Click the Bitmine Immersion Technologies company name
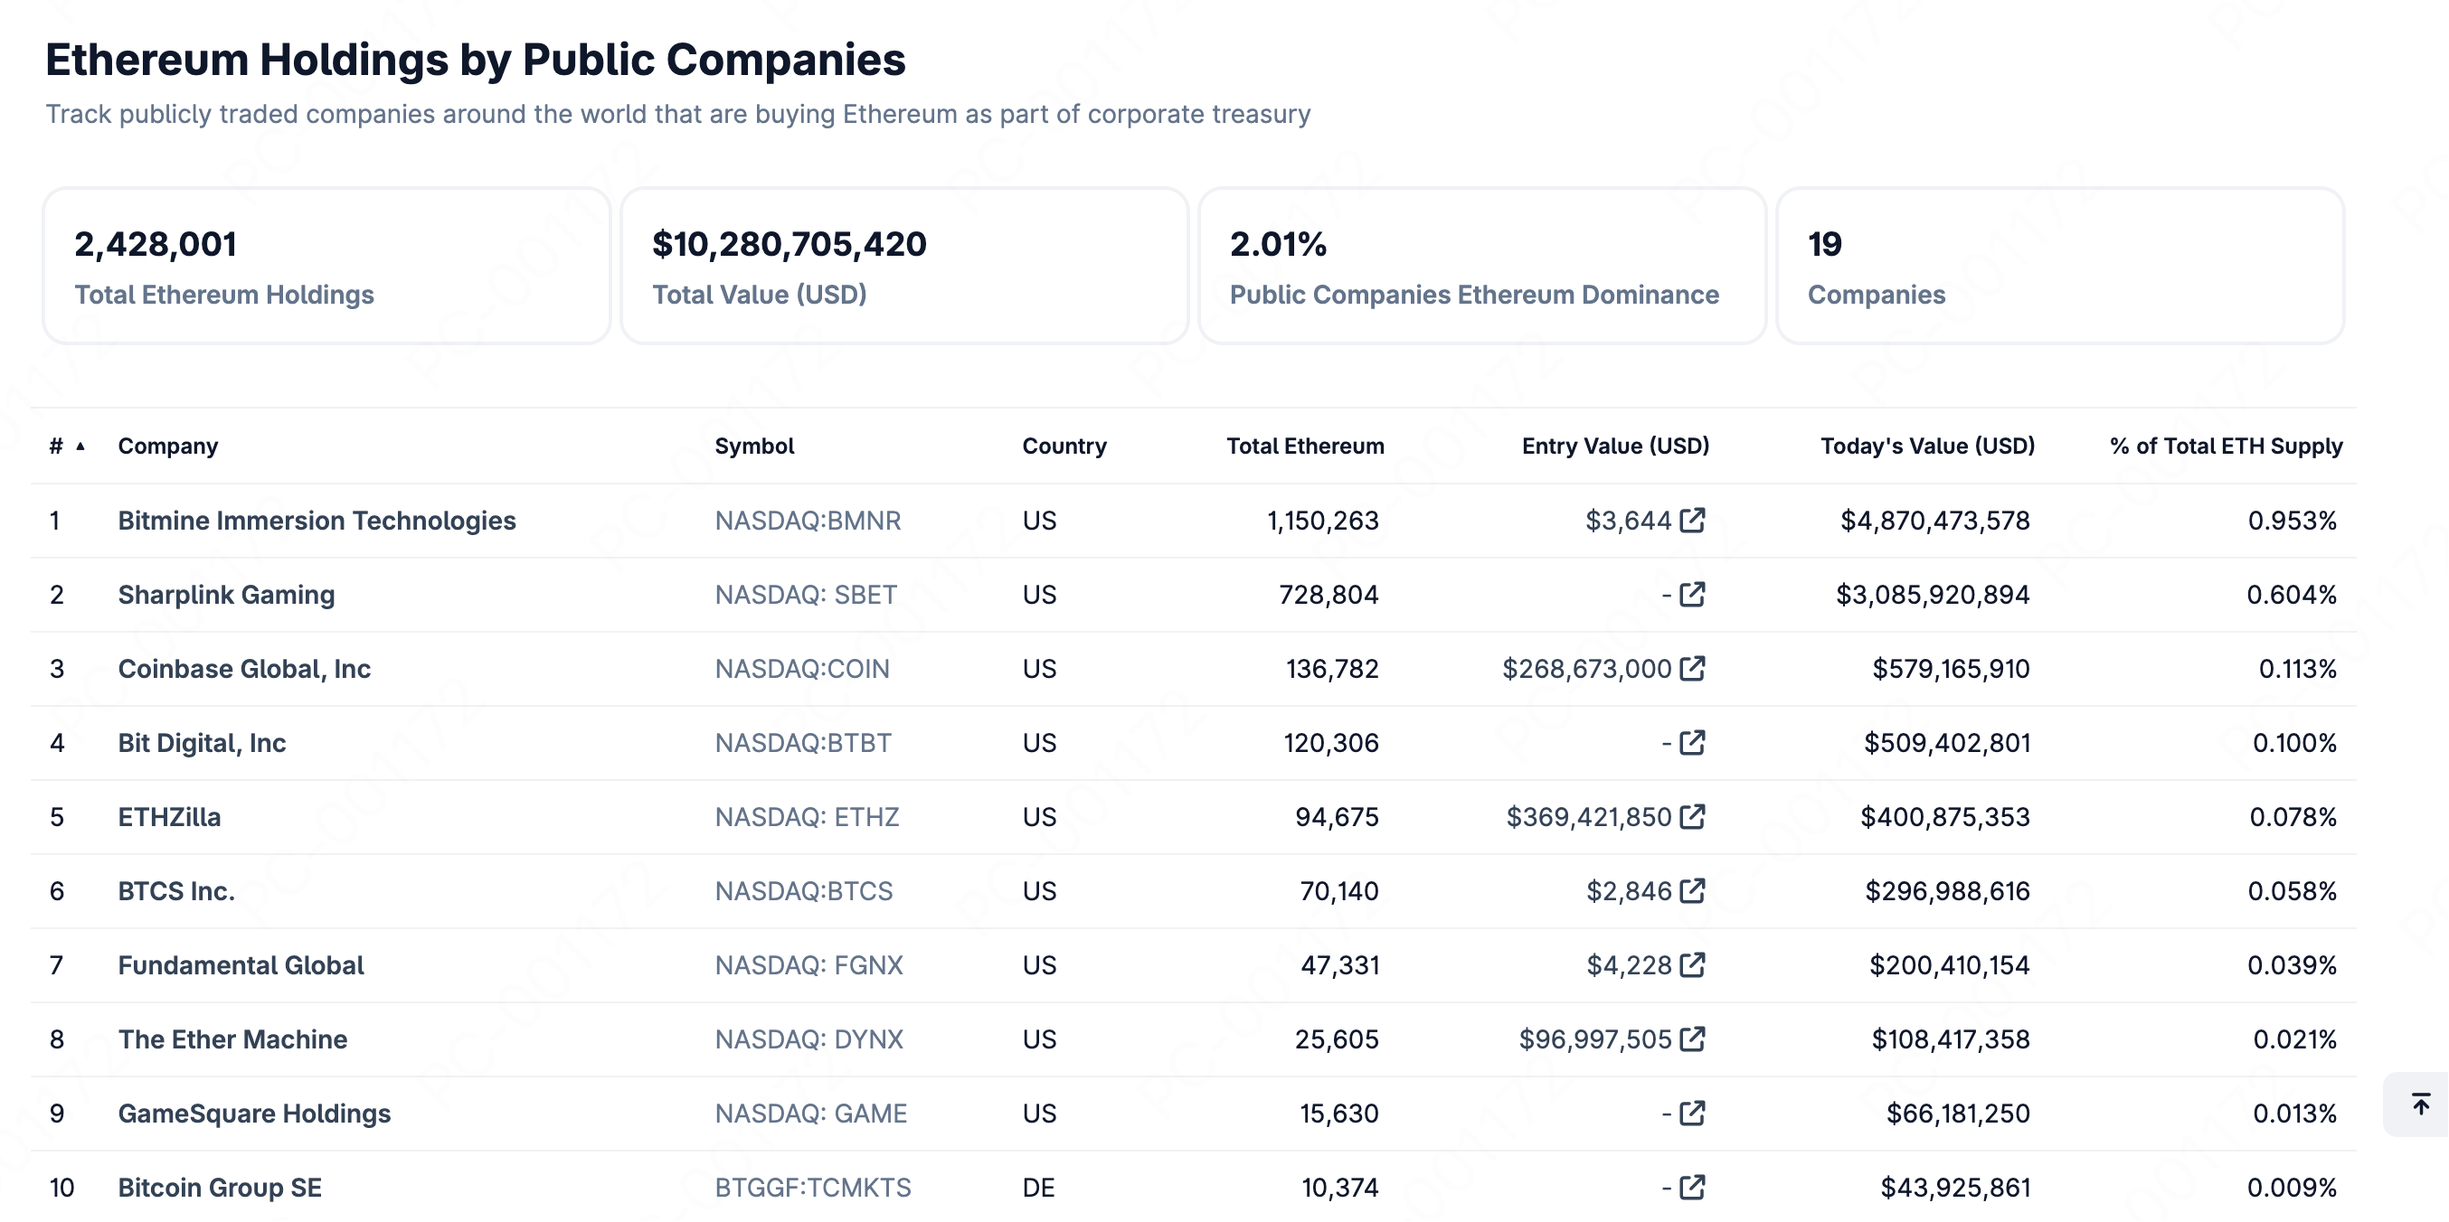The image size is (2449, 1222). pos(317,521)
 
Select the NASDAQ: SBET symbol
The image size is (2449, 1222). pos(806,595)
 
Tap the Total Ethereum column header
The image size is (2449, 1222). pos(1305,446)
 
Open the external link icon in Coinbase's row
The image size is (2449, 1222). pos(1692,669)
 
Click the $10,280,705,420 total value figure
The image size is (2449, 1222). pos(790,244)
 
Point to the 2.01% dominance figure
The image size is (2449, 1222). pos(1278,244)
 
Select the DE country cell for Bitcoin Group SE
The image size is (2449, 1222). pos(1039,1188)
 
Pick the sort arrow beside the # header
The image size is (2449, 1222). pos(80,446)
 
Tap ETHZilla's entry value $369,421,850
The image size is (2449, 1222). pos(1589,817)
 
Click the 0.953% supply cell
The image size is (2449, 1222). pos(2293,521)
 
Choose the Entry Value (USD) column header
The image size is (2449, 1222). pos(1615,446)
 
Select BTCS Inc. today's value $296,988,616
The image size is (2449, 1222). pos(1947,891)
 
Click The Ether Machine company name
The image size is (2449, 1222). pos(233,1039)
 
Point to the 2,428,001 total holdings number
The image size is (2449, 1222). pos(156,244)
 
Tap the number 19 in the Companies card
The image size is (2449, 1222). pos(1824,244)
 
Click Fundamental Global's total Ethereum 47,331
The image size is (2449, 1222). pos(1339,965)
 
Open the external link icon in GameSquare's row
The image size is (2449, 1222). pos(1692,1114)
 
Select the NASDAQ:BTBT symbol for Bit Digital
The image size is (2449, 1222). pos(803,743)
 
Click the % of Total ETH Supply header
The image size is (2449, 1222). pos(2226,446)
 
